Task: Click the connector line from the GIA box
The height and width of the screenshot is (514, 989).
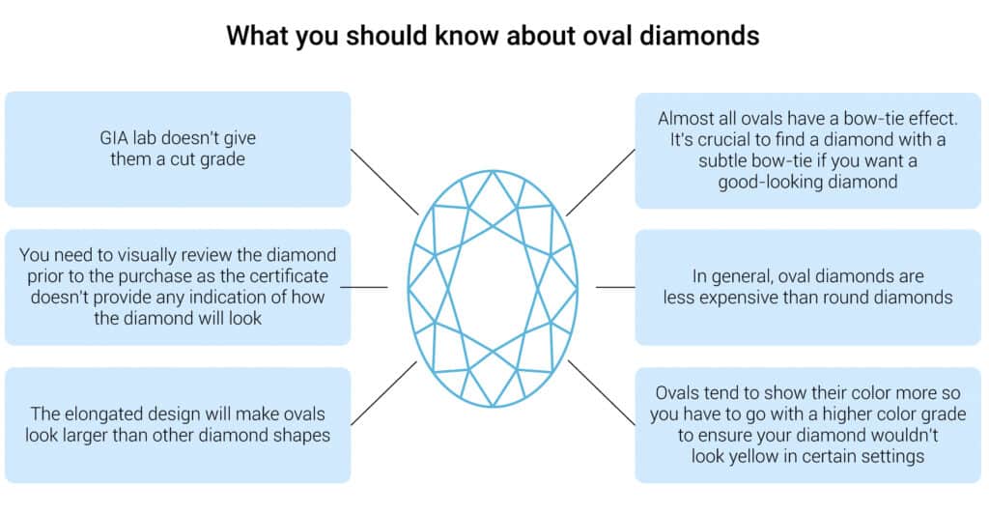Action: pos(384,182)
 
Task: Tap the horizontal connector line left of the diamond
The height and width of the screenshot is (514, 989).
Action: pos(364,288)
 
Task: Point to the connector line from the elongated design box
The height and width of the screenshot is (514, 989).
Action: pos(383,393)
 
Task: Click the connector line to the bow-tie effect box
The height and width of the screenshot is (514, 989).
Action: pos(601,183)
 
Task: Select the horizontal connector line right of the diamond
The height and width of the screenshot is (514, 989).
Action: pos(615,288)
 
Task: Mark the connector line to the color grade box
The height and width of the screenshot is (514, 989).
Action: pos(602,393)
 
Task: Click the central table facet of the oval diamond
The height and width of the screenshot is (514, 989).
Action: pos(493,288)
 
